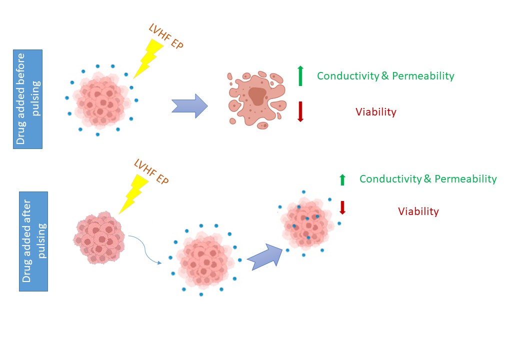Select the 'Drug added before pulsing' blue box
pos(28,99)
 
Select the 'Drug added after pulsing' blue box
pos(34,241)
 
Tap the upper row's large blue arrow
pos(189,106)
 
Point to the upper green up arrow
pos(300,75)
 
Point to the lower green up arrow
pos(342,179)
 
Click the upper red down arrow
pos(300,111)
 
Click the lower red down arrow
pos(342,208)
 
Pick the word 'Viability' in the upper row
pos(375,112)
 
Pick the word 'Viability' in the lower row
pos(418,211)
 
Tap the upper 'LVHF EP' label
pos(166,37)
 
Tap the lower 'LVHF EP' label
pos(151,171)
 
